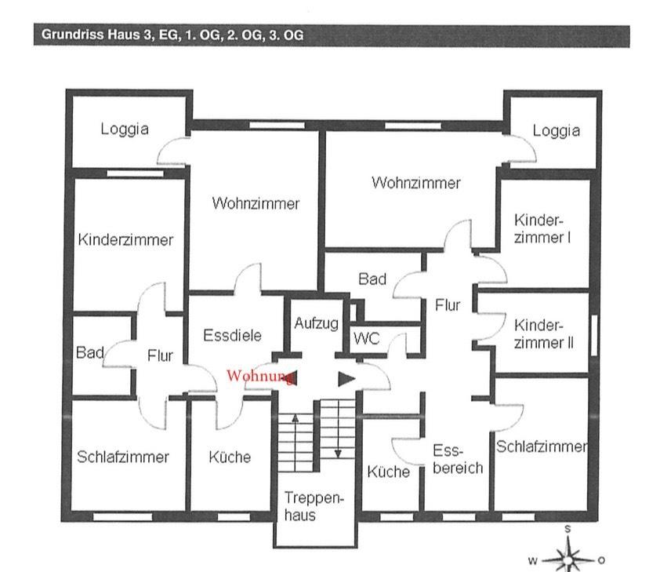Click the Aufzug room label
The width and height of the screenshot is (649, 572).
coord(316,323)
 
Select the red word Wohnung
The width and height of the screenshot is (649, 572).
coord(259,376)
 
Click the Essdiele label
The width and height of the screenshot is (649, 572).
coord(232,336)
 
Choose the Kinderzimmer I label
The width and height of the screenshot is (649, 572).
coord(542,228)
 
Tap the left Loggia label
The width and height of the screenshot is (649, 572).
coord(125,129)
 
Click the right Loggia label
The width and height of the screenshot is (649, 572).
coord(557,131)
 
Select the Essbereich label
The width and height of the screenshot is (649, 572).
coord(458,460)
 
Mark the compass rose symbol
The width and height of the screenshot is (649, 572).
coord(568,558)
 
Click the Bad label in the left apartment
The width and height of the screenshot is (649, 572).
coord(90,353)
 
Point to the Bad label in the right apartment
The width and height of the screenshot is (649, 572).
coord(372,279)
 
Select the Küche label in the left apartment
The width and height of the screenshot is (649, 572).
coord(230,457)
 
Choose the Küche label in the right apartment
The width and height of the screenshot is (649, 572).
coord(389,472)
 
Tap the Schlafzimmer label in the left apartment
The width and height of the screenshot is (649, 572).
coord(123,457)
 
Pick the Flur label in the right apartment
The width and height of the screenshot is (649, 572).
coord(448,305)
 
